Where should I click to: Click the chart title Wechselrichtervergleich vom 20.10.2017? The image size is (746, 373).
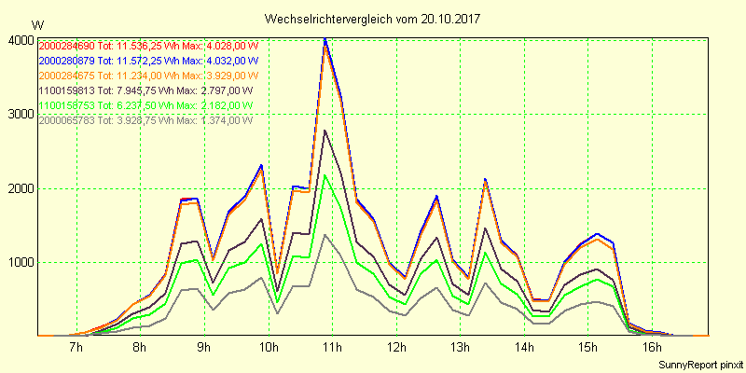(372, 19)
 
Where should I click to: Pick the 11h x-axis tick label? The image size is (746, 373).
(332, 348)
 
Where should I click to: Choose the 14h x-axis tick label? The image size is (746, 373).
(523, 348)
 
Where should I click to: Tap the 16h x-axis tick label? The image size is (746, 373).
(651, 348)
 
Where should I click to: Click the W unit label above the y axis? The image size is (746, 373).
(37, 24)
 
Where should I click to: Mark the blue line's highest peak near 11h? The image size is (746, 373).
(325, 38)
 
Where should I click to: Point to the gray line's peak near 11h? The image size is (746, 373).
(325, 234)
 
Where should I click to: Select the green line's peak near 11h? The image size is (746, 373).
(325, 174)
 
